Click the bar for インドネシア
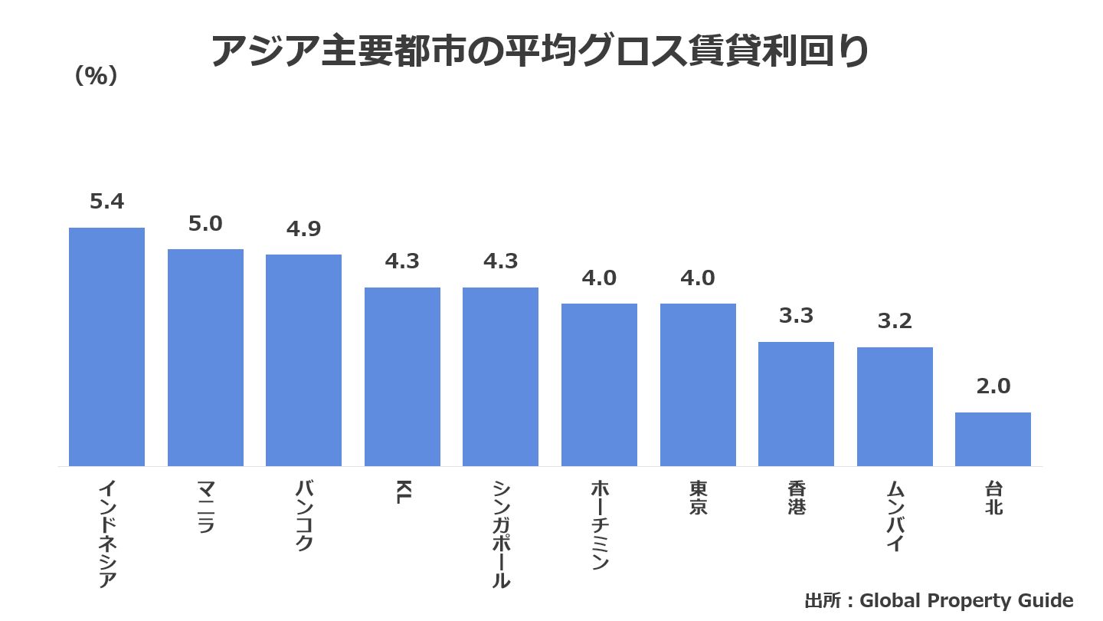point(106,347)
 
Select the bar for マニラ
point(205,357)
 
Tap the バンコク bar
point(303,360)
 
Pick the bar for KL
point(402,376)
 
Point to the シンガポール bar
point(500,376)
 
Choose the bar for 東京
point(698,385)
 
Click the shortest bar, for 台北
point(993,439)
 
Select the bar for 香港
point(796,404)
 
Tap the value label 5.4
point(106,202)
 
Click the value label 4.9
point(303,228)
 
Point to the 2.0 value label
point(993,386)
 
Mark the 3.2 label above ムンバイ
point(895,321)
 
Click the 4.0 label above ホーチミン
point(599,278)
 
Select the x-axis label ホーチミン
point(599,525)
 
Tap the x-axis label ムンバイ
point(895,515)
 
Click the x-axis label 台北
point(993,498)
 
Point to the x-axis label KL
point(402,493)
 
